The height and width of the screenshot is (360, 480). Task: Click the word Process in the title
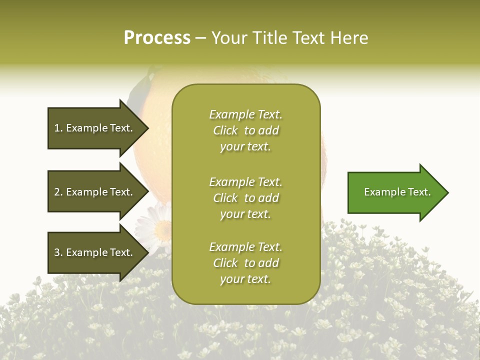tap(157, 38)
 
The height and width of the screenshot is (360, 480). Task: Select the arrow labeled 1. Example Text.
tap(93, 128)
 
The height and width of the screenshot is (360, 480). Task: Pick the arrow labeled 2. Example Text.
tap(93, 192)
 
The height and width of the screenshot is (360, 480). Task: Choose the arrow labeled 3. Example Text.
tap(93, 252)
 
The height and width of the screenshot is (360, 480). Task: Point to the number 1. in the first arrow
tap(58, 128)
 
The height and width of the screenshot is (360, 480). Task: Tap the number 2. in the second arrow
tap(58, 192)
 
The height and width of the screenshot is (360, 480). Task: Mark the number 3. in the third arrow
tap(58, 252)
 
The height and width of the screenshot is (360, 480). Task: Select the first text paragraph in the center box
tap(245, 130)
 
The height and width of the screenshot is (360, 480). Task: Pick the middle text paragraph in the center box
tap(245, 198)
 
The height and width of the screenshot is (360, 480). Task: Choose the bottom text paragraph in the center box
tap(245, 263)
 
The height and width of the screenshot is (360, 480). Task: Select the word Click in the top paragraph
tap(225, 130)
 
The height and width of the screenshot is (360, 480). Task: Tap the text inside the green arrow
tap(397, 192)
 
